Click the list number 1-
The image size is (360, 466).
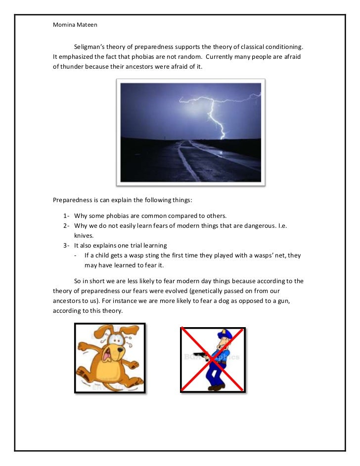point(67,217)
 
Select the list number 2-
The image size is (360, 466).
point(67,226)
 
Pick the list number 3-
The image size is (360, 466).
point(67,246)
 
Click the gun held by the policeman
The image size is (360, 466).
point(201,353)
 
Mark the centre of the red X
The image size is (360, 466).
point(213,359)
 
